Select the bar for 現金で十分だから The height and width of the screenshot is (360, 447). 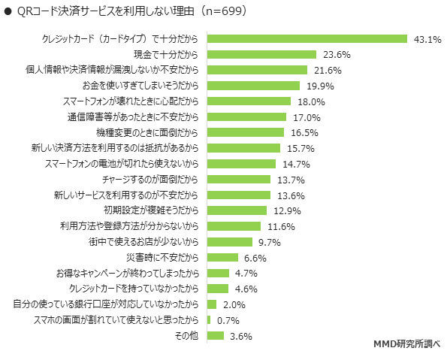pos(261,54)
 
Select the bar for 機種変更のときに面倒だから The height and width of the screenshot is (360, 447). pos(244,132)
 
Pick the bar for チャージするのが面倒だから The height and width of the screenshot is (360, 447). pos(238,180)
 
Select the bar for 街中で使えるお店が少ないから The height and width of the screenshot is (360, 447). pos(228,242)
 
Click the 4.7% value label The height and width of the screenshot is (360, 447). pos(246,273)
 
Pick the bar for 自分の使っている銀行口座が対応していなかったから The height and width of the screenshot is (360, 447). pos(210,304)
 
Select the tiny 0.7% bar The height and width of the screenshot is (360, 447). pos(207,320)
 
